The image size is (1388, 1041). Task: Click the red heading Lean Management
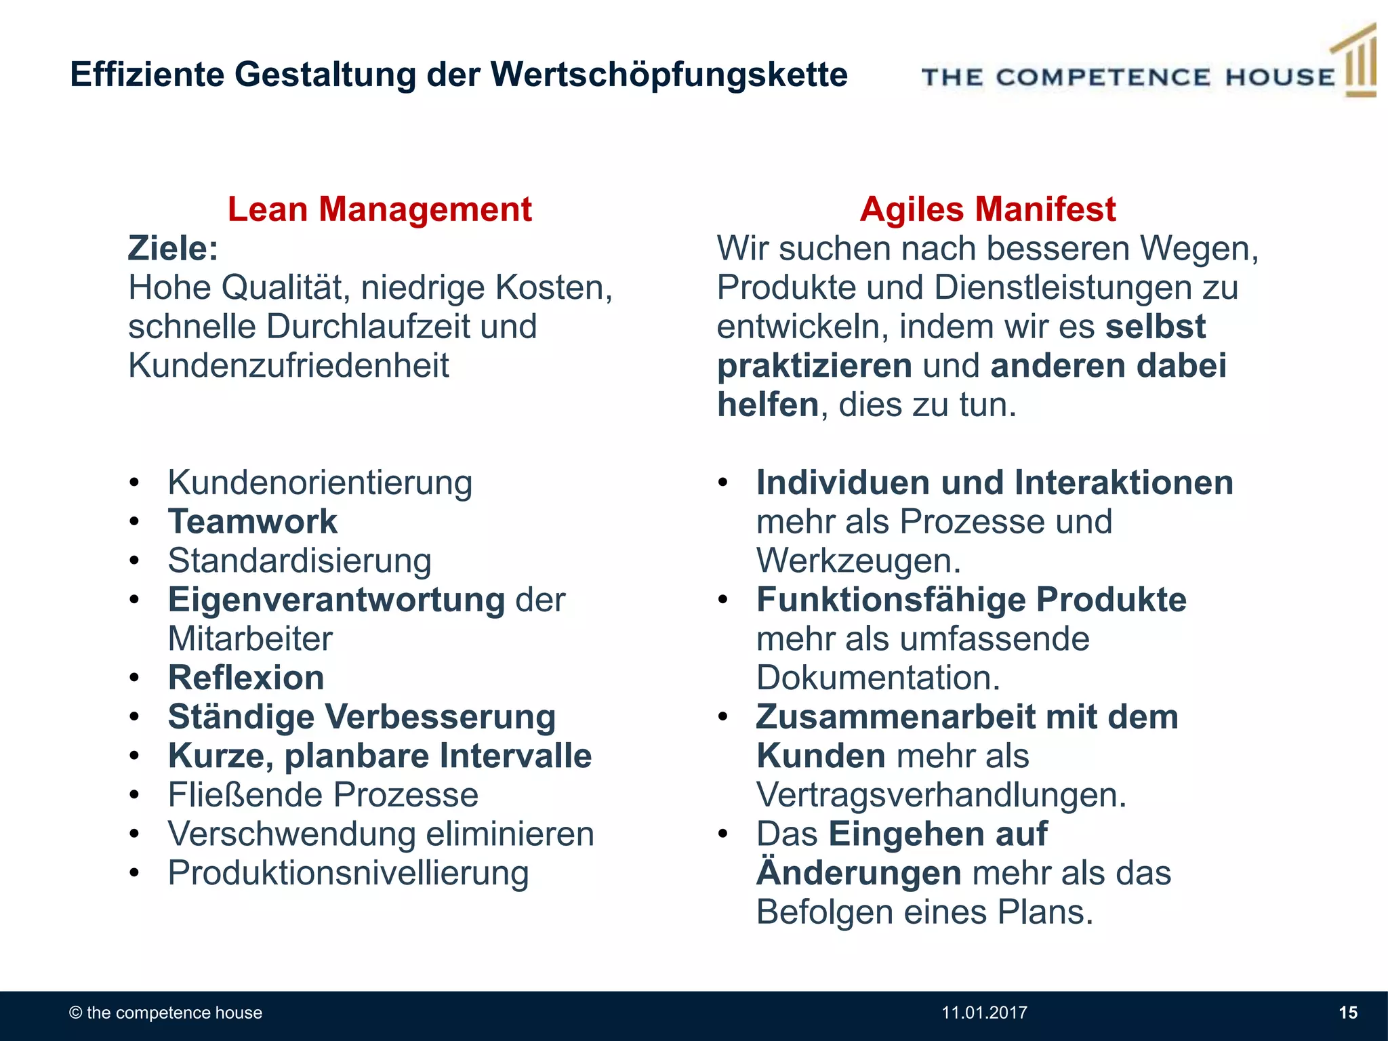pyautogui.click(x=380, y=209)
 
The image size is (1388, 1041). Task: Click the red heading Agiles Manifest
pyautogui.click(x=987, y=209)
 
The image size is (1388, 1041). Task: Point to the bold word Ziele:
pyautogui.click(x=173, y=248)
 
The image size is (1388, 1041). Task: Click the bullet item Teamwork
pyautogui.click(x=252, y=521)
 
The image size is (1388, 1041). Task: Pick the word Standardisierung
pyautogui.click(x=300, y=560)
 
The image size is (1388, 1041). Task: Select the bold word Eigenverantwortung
pyautogui.click(x=336, y=600)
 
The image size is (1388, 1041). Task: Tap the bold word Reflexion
pyautogui.click(x=246, y=678)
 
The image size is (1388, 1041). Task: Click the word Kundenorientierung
pyautogui.click(x=320, y=483)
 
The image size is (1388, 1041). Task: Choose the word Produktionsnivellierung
pyautogui.click(x=348, y=873)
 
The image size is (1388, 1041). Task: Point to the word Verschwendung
pyautogui.click(x=291, y=834)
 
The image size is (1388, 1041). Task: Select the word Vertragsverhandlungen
pyautogui.click(x=941, y=795)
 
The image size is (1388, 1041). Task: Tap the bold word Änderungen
pyautogui.click(x=859, y=873)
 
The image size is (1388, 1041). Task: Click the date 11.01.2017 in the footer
pyautogui.click(x=984, y=1013)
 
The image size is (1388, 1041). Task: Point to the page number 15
pyautogui.click(x=1348, y=1013)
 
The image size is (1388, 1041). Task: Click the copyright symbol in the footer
pyautogui.click(x=76, y=1013)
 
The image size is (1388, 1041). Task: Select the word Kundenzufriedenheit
pyautogui.click(x=289, y=366)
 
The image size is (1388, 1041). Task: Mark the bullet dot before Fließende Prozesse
pyautogui.click(x=135, y=795)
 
